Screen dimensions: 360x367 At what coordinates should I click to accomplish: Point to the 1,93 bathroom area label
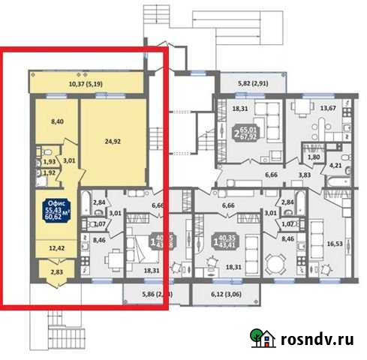pos(49,163)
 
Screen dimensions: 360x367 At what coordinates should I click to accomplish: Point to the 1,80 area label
pos(315,157)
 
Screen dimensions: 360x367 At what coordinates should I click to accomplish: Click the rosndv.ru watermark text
pos(318,339)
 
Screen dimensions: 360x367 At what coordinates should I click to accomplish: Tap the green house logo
pos(263,338)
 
